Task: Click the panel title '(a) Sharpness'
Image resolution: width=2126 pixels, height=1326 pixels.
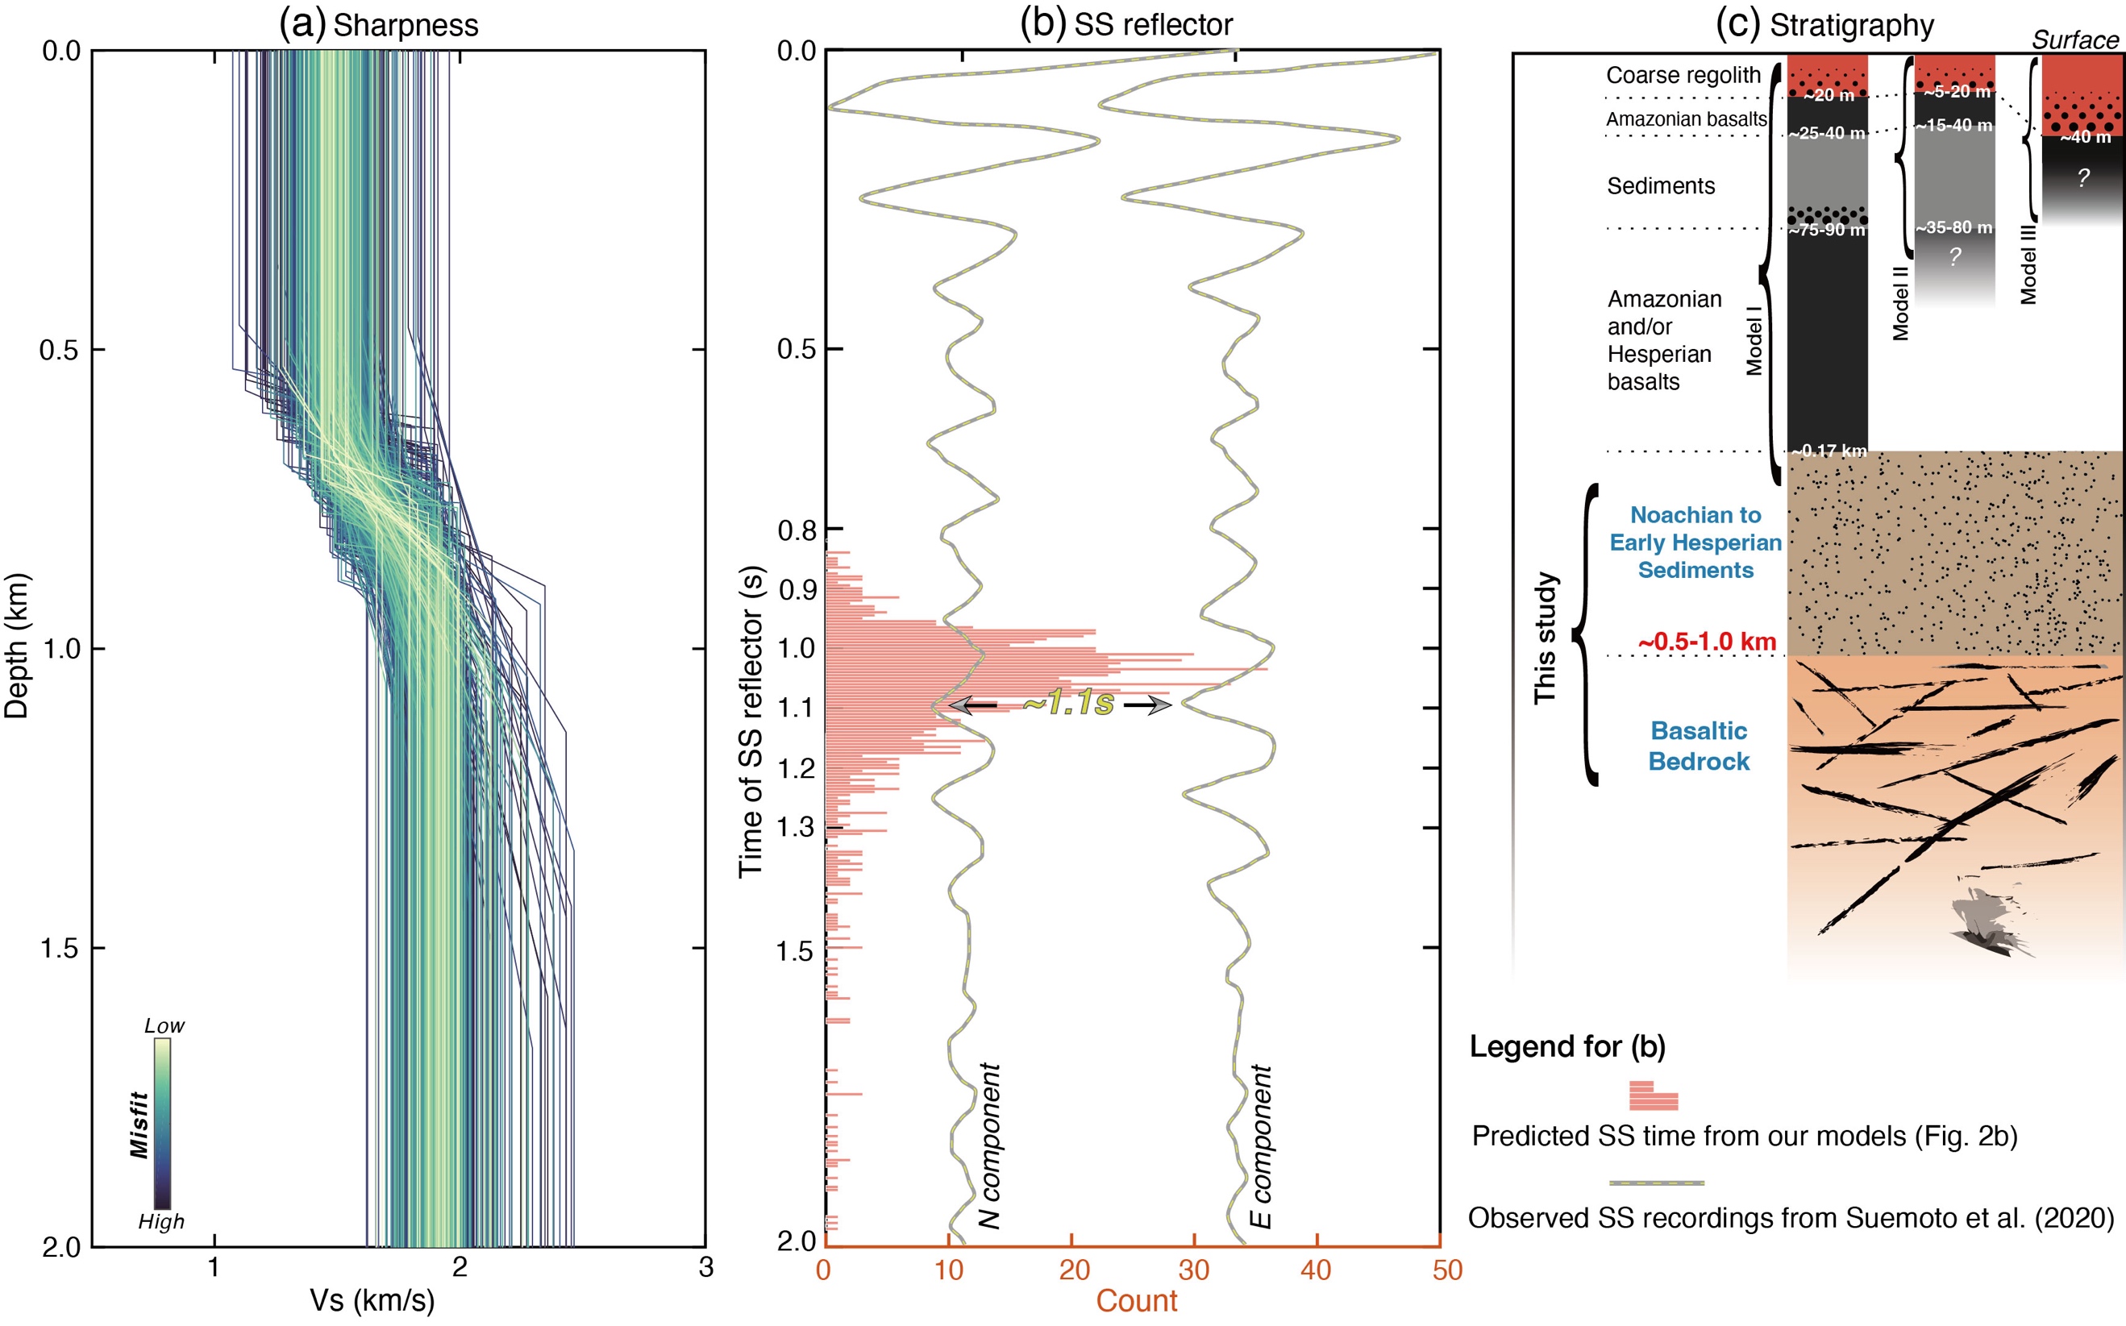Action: click(x=379, y=24)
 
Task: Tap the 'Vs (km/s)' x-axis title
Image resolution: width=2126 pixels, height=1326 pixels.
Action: click(x=372, y=1299)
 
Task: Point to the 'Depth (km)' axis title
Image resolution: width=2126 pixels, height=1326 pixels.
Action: click(x=17, y=646)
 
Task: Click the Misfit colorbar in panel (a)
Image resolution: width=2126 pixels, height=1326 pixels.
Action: click(x=162, y=1124)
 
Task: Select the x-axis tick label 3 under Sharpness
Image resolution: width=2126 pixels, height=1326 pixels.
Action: click(x=706, y=1268)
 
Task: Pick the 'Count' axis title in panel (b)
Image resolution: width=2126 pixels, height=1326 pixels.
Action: click(x=1136, y=1300)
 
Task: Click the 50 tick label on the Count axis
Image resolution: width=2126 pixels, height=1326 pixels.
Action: click(x=1447, y=1270)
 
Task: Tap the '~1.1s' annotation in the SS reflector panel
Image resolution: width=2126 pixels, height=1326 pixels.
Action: click(x=1067, y=702)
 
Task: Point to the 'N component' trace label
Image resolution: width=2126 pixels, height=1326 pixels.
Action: click(x=989, y=1145)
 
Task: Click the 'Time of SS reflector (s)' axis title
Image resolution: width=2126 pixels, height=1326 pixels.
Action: click(x=751, y=721)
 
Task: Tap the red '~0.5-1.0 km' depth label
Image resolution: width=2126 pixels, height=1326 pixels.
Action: click(x=1706, y=641)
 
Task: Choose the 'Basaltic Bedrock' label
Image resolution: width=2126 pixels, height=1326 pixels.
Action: click(x=1699, y=746)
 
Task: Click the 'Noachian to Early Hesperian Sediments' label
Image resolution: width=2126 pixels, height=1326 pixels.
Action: click(x=1695, y=542)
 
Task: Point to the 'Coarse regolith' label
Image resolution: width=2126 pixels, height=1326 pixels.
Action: click(x=1683, y=76)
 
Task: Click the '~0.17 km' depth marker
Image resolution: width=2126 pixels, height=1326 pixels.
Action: click(x=1829, y=451)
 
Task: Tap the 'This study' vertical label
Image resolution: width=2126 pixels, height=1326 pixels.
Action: click(x=1546, y=638)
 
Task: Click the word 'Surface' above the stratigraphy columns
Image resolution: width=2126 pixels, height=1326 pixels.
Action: click(x=2074, y=40)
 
